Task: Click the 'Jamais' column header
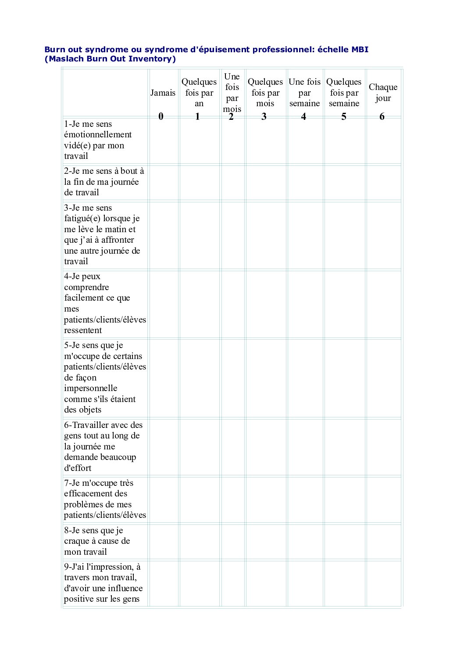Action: [163, 93]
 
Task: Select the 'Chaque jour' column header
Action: [383, 93]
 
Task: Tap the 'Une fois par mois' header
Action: [232, 93]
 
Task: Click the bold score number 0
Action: [161, 116]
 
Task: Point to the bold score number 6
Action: [382, 116]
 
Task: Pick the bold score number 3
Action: [264, 116]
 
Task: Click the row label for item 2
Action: [104, 182]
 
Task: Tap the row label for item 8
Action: [97, 541]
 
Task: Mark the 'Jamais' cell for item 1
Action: [163, 140]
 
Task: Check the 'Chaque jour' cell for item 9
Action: [384, 583]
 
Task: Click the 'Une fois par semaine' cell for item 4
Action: [305, 304]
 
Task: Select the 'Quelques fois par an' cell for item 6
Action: [199, 446]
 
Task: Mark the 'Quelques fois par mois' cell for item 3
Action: [265, 235]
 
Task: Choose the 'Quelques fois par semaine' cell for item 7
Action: [344, 499]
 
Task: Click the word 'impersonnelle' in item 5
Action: [91, 388]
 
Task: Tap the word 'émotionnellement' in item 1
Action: [98, 135]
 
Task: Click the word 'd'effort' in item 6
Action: [78, 468]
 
